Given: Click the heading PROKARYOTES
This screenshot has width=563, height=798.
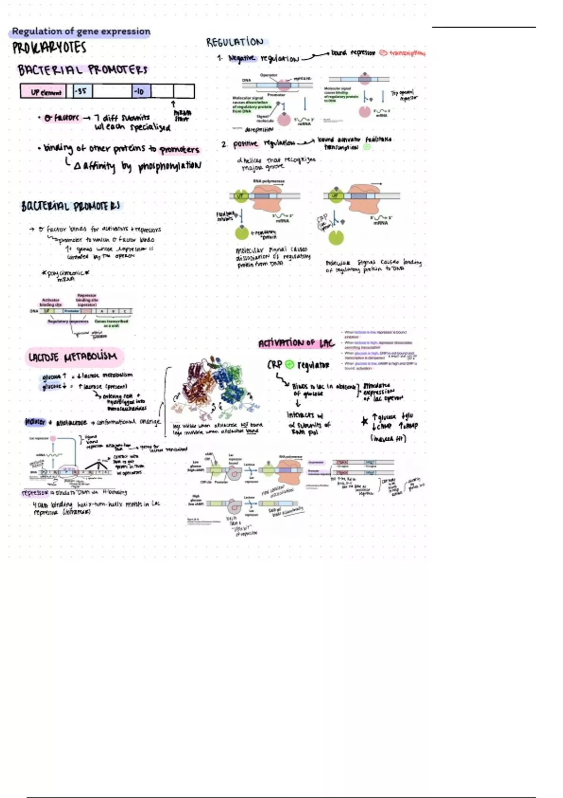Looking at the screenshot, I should [x=49, y=48].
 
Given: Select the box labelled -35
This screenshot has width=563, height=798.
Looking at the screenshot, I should [x=82, y=91].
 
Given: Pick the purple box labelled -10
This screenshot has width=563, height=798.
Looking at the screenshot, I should [x=140, y=91].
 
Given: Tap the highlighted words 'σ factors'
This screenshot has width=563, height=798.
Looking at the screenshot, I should [x=62, y=118].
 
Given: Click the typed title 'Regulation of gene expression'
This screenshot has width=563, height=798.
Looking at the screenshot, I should [x=81, y=32].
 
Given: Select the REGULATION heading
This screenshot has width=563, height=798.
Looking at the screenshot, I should [x=235, y=42].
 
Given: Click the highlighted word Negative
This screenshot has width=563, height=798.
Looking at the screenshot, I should [x=242, y=58].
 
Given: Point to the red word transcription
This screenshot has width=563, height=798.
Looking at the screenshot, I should [x=406, y=54].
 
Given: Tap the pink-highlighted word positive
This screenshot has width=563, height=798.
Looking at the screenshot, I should [x=245, y=144].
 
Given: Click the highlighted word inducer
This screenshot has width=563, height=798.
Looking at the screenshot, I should [x=35, y=422].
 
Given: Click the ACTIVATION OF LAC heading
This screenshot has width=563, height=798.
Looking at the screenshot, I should [x=296, y=343].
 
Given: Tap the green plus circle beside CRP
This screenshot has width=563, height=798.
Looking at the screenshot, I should [x=289, y=364].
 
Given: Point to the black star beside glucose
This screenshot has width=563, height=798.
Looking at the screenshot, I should [x=365, y=421].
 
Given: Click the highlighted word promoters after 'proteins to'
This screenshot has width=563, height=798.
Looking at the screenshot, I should [x=179, y=150].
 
